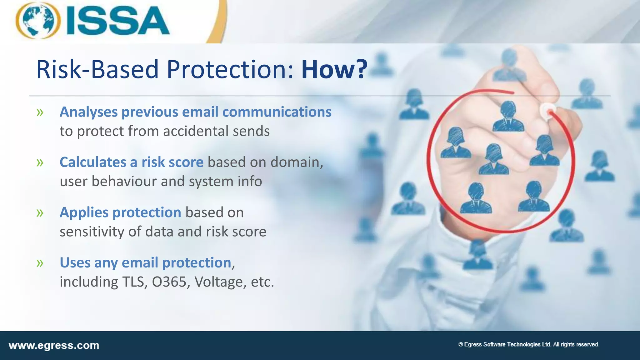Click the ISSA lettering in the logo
pyautogui.click(x=117, y=21)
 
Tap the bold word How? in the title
pyautogui.click(x=334, y=69)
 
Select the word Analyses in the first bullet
pyautogui.click(x=89, y=112)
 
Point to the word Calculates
pyautogui.click(x=93, y=162)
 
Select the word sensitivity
pyautogui.click(x=92, y=232)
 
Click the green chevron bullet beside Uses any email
pyautogui.click(x=40, y=263)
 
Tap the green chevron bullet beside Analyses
pyautogui.click(x=40, y=112)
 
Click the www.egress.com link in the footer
pyautogui.click(x=54, y=346)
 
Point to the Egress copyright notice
pyautogui.click(x=528, y=344)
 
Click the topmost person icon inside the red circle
pyautogui.click(x=508, y=117)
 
